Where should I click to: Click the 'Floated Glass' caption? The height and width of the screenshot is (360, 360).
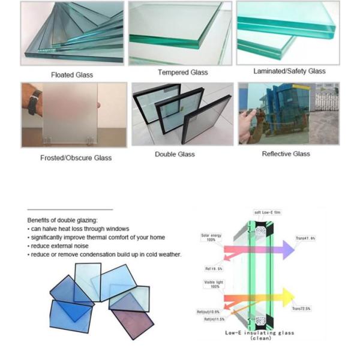point(71,75)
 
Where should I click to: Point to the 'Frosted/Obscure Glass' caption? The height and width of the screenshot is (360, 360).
point(76,158)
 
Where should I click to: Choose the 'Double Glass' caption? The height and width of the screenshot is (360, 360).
point(175,154)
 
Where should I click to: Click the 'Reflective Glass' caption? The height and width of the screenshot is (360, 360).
point(286,154)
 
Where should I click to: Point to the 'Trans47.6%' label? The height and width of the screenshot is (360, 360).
point(305,238)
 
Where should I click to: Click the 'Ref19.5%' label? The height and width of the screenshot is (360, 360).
point(214,268)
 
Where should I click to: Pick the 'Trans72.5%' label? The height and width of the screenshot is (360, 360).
point(301,308)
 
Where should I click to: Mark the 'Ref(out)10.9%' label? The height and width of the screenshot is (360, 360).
point(209,312)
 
